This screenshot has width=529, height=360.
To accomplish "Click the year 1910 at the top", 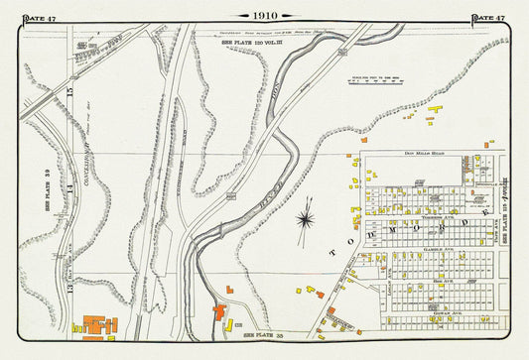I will [x=265, y=16].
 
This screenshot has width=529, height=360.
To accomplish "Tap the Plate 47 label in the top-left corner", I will [x=41, y=17].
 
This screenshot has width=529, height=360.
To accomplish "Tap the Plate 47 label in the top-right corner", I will [x=487, y=17].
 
